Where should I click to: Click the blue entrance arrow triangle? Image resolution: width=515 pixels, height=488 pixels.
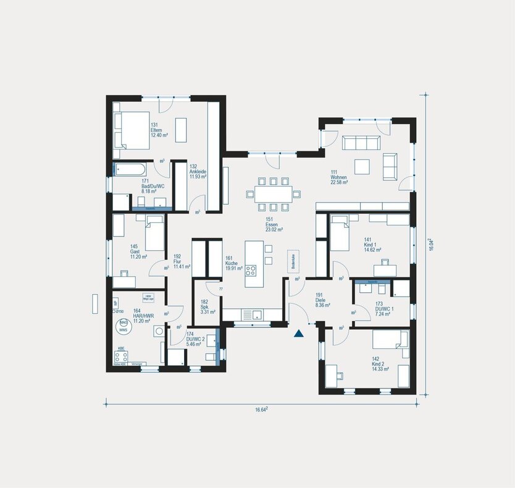coord(299,334)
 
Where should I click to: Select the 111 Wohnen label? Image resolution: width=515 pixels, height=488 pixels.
coord(338,177)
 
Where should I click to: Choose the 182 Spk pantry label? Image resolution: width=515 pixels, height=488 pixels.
coord(207,307)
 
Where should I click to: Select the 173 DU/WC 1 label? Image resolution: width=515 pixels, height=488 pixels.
coord(383,308)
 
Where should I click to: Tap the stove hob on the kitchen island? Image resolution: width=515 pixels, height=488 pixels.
coord(251,270)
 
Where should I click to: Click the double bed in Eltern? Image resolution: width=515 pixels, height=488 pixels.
coord(133,130)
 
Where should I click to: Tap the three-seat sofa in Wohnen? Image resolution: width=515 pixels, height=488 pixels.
coord(360,143)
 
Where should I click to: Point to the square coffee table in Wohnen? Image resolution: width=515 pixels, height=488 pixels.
coord(362,166)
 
